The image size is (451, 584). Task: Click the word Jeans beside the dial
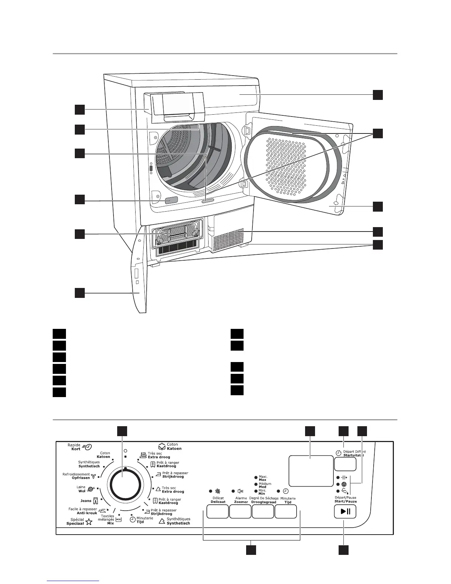86,501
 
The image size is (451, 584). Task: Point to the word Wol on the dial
81,491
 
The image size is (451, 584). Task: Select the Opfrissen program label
81,478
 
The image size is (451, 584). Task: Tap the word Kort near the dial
76,449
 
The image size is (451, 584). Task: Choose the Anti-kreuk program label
87,513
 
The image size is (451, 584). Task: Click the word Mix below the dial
110,523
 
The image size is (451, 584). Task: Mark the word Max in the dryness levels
262,480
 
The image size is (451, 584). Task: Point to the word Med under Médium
262,487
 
